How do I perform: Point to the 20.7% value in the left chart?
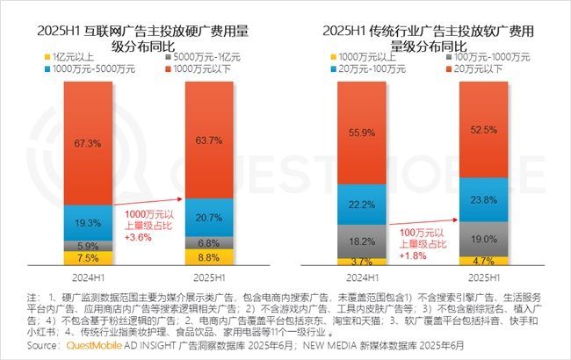point(207,216)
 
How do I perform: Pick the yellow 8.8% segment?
point(207,257)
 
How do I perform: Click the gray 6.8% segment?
point(207,241)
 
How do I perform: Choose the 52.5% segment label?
point(484,129)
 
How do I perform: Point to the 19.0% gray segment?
point(484,238)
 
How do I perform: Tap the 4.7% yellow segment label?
point(484,261)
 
